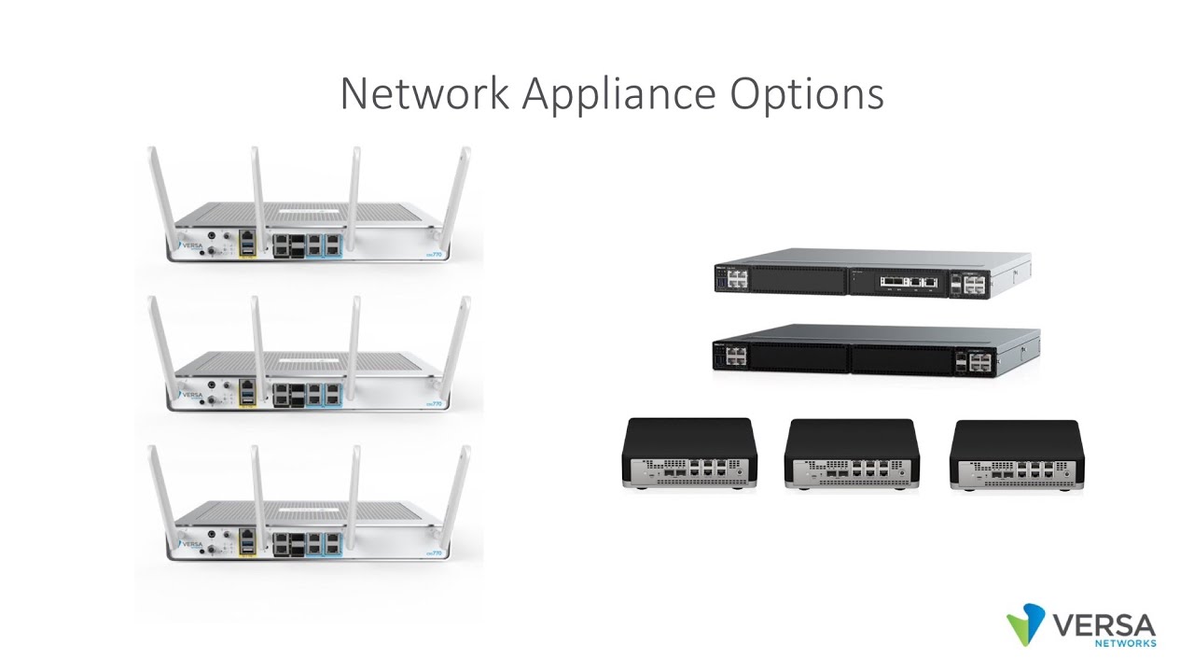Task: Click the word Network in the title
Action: coord(424,93)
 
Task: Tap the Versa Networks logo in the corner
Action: coord(1082,625)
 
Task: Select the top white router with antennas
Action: coord(308,233)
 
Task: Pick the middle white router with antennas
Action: coord(308,383)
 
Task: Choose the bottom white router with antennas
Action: coord(308,532)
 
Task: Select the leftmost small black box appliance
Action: coord(689,454)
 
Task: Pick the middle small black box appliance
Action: coord(852,455)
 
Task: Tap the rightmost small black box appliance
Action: coord(1016,455)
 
